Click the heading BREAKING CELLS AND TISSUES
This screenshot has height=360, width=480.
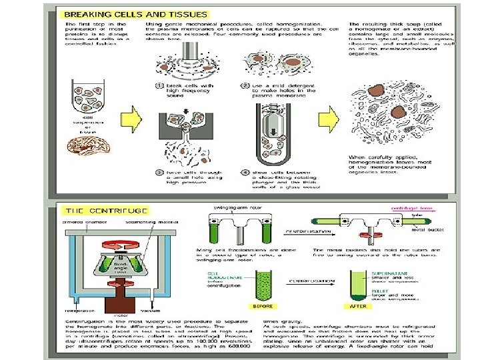tap(134, 14)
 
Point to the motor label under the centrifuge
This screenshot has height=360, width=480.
tap(120, 316)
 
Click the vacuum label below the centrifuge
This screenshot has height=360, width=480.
tap(150, 311)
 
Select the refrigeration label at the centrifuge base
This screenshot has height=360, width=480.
tap(78, 311)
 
